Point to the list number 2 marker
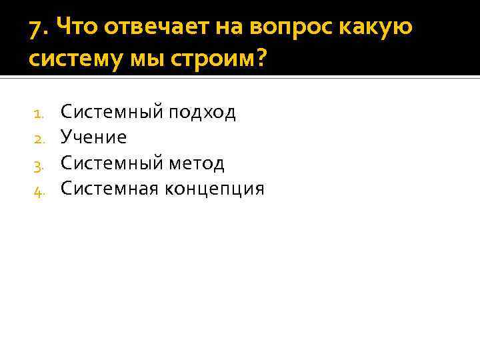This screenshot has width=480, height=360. (38, 139)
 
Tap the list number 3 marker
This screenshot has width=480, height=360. (38, 165)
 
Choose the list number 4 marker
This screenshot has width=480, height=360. (38, 191)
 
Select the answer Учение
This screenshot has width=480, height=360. (93, 138)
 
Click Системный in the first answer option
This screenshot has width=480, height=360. (111, 111)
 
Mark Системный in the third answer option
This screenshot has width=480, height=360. (111, 163)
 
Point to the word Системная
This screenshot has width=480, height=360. (107, 189)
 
